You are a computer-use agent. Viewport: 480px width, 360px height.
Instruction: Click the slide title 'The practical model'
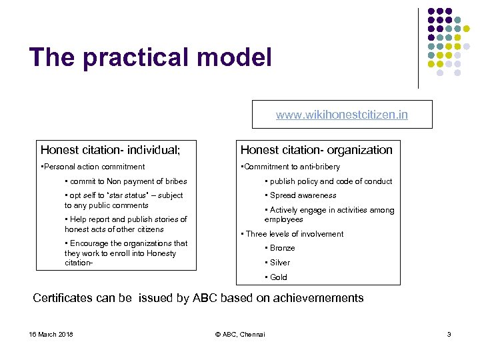tap(151, 57)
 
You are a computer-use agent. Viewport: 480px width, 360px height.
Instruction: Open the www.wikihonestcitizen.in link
tap(342, 115)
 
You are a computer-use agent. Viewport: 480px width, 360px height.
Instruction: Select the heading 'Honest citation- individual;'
tap(110, 150)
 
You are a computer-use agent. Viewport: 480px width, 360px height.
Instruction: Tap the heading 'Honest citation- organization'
tap(317, 150)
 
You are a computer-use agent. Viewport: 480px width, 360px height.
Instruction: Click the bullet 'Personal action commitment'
tap(93, 167)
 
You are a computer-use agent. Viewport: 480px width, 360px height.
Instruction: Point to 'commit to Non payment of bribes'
tap(126, 181)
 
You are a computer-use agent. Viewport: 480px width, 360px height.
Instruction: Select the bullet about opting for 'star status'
tap(123, 200)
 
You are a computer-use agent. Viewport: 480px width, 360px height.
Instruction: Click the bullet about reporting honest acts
tap(125, 224)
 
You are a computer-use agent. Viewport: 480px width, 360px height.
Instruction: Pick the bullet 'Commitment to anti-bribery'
tap(291, 167)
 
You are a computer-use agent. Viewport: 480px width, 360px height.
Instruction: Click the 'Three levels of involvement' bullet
tap(293, 234)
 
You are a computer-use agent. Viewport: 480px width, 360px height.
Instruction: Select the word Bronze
tap(282, 248)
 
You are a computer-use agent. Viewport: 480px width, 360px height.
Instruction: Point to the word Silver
tap(279, 263)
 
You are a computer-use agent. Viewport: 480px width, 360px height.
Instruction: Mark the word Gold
tap(279, 277)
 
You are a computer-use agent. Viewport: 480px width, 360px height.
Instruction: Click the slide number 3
tap(449, 334)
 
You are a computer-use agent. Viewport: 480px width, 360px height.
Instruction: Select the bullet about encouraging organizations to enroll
tap(126, 253)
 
